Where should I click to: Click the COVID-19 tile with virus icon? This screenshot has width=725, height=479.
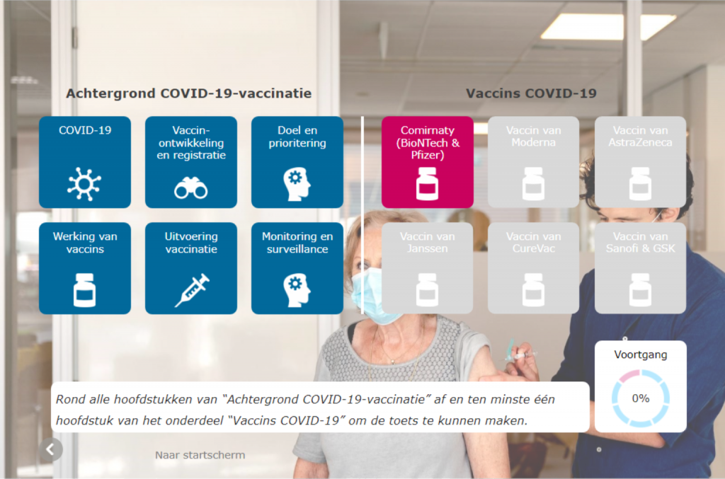85,162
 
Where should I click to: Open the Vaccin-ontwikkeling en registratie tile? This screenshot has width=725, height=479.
191,162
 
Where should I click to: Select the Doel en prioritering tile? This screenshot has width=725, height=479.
297,162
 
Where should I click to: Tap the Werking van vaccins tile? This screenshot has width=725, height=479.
85,268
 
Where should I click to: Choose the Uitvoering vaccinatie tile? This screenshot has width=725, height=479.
191,268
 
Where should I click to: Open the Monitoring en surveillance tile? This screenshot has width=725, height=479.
297,268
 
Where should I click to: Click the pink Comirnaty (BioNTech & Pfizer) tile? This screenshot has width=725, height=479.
427,162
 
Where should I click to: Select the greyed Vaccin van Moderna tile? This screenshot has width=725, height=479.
534,162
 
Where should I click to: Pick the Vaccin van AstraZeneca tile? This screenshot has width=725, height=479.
640,162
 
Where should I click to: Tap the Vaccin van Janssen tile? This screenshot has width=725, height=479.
427,268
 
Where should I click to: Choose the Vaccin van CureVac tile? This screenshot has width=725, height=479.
534,268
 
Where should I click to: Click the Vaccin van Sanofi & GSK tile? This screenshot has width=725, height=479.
640,268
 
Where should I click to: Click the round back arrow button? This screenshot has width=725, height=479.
51,449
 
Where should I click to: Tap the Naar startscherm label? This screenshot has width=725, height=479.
200,455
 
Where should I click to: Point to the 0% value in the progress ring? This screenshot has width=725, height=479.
641,398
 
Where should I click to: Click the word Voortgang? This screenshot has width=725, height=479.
640,354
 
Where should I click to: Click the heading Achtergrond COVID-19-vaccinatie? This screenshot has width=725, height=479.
188,93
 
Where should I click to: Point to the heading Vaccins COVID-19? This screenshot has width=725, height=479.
531,93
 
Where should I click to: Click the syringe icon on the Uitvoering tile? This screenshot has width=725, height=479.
192,290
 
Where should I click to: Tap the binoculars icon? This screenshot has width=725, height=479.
191,188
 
